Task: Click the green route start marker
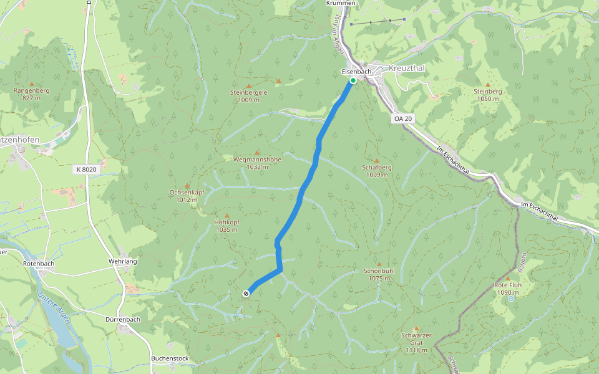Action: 353,80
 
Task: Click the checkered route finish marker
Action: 246,294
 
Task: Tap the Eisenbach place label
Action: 356,72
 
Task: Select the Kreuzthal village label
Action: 406,67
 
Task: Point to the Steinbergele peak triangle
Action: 249,85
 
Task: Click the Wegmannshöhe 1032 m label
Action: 256,163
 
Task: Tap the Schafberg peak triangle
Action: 376,160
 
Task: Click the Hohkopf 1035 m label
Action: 226,226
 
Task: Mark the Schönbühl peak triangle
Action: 379,264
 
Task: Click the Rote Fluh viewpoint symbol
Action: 511,299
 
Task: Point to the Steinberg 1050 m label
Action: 487,95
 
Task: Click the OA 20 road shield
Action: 404,118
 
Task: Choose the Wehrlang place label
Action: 122,261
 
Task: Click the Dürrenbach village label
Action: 122,319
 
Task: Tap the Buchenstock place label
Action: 170,358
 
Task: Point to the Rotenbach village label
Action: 39,264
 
